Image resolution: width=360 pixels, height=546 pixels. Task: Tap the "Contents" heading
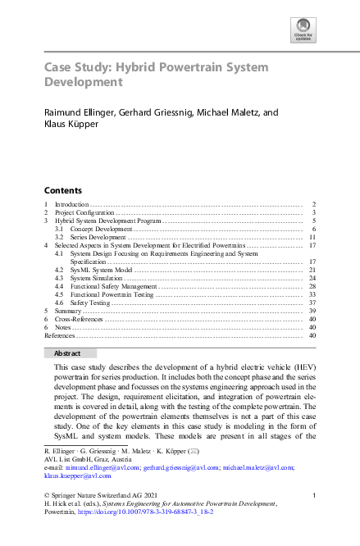click(63, 189)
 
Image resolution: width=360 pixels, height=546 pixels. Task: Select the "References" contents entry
click(59, 335)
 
